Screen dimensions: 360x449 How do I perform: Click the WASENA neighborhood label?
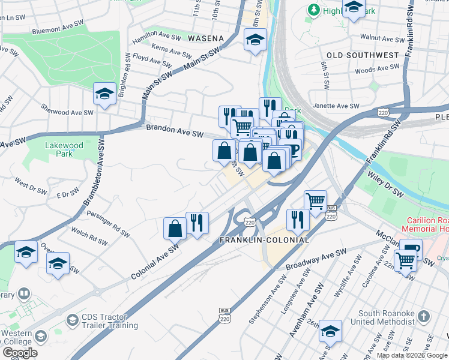(205, 38)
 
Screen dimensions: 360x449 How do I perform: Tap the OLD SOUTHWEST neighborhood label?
(363, 55)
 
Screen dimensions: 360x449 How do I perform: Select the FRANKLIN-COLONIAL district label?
(264, 240)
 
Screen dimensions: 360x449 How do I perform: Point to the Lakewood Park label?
(64, 149)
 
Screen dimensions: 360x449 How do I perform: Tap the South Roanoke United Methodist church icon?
(423, 316)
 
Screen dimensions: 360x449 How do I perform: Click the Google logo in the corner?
(20, 353)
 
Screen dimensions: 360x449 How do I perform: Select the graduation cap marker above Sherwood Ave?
(104, 94)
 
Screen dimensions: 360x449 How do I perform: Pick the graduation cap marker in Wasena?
(255, 40)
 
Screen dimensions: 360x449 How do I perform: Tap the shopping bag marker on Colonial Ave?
(175, 227)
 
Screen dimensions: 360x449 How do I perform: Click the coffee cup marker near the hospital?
(411, 248)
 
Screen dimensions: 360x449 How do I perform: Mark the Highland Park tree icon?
(313, 10)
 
